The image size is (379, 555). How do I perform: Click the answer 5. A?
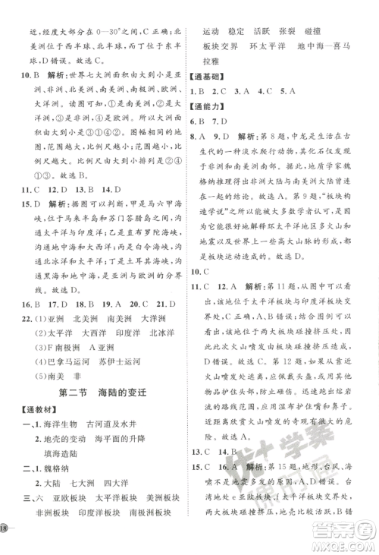(x=287, y=93)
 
